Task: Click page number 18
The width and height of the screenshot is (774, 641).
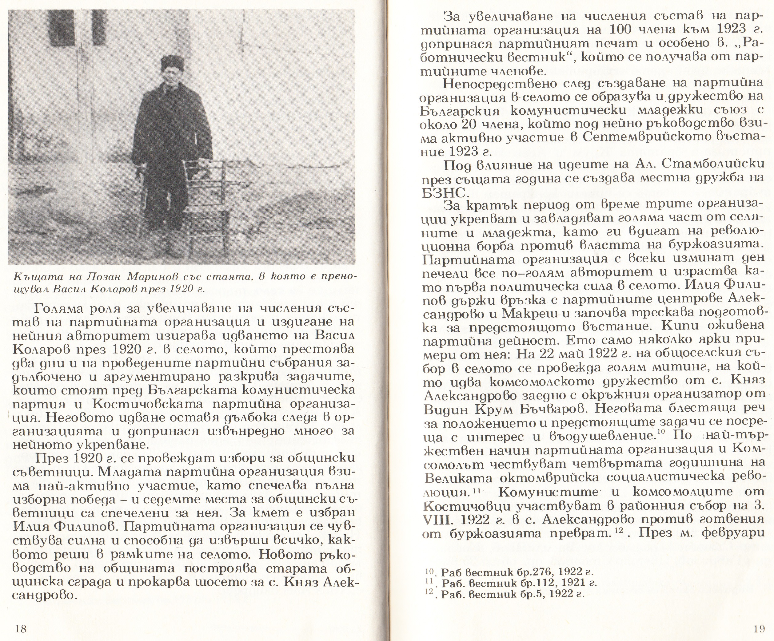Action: coord(21,628)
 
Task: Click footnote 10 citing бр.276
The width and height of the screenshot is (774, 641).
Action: coord(509,572)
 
